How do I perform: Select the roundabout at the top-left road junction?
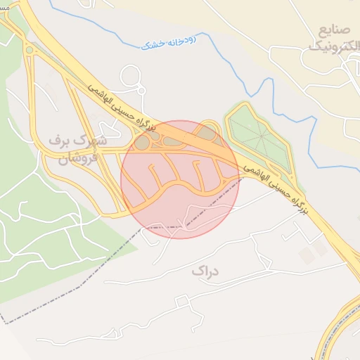point(28,50)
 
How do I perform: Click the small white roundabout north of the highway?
point(140,89)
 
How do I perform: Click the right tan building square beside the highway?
point(321,247)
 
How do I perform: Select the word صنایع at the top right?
point(333,30)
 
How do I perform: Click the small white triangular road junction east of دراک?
point(266,263)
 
